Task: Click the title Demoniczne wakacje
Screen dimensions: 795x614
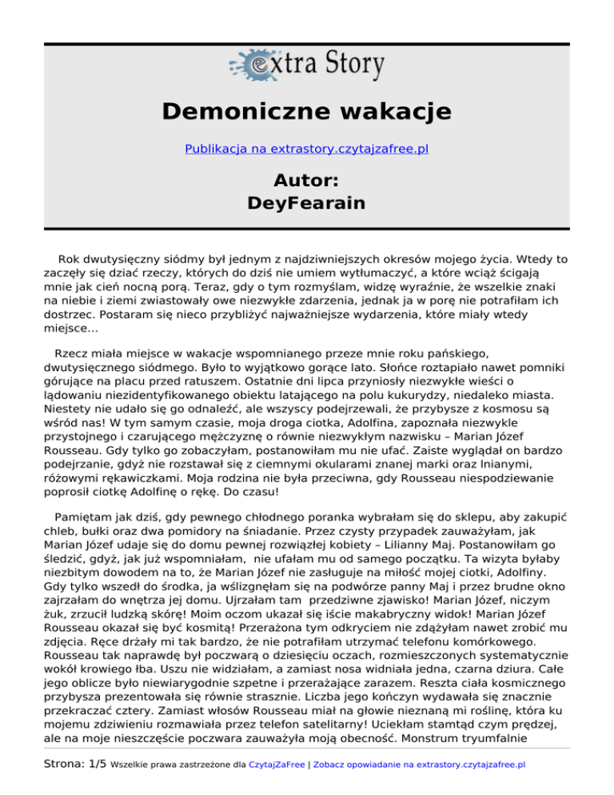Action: [x=307, y=110]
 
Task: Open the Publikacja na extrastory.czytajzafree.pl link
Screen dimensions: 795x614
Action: [x=307, y=149]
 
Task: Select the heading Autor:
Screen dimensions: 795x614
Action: [x=307, y=178]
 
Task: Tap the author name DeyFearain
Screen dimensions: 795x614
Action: [x=307, y=203]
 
